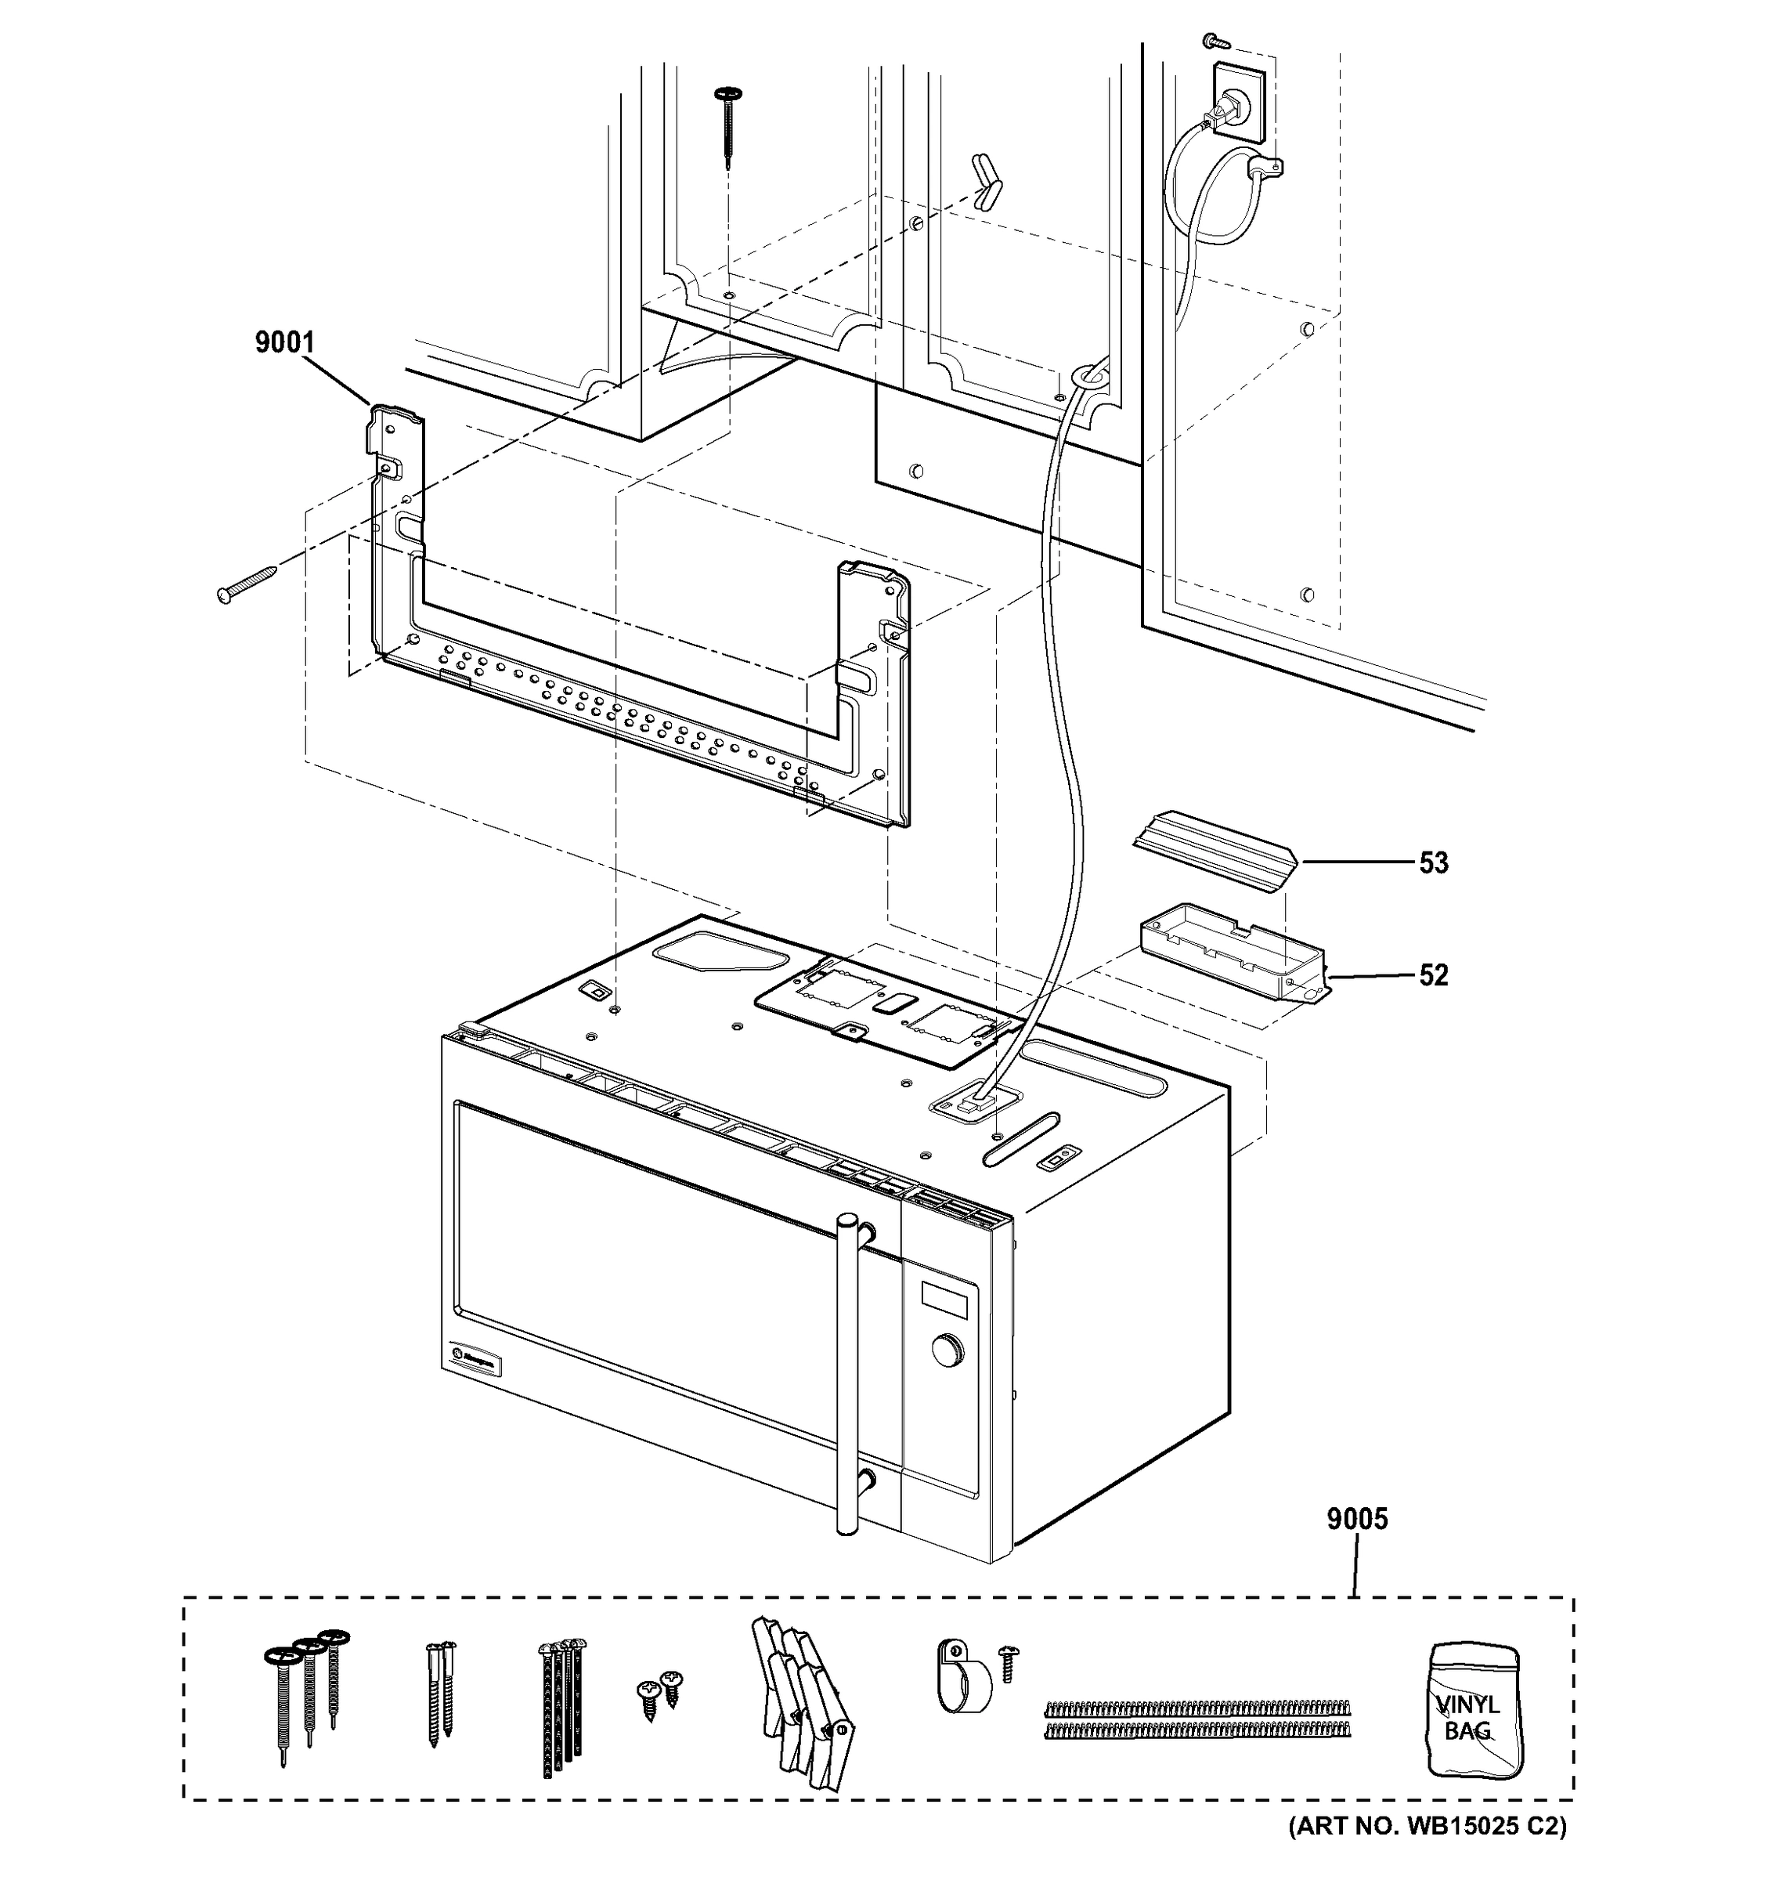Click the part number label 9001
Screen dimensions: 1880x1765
(x=283, y=342)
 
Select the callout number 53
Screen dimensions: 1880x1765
(x=1433, y=863)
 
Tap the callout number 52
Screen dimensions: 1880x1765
(x=1433, y=975)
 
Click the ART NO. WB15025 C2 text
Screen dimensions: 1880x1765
(x=1428, y=1852)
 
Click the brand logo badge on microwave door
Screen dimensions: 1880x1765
(x=471, y=1359)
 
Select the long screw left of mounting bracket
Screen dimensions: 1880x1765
(x=247, y=583)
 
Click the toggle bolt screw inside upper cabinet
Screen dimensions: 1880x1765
(x=728, y=128)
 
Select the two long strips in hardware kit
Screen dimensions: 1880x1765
(x=1197, y=1720)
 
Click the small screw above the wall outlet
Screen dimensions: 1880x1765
(x=1213, y=41)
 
